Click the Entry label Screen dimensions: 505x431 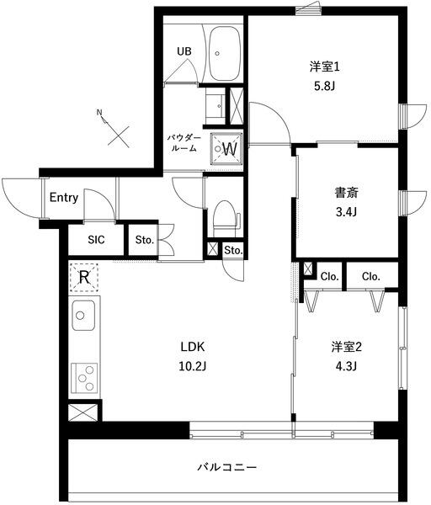[64, 199]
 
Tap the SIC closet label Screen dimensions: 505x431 [96, 239]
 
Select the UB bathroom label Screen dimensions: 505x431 [184, 50]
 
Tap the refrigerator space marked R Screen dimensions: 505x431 [84, 276]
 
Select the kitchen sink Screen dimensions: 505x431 [83, 318]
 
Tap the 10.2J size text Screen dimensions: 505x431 [193, 367]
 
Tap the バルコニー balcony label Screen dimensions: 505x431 [227, 465]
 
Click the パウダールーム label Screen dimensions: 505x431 [183, 141]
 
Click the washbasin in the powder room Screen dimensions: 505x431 [216, 104]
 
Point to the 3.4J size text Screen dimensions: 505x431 [346, 212]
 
